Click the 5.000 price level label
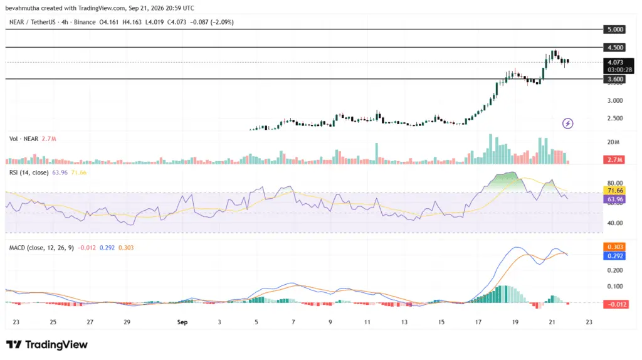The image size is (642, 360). coord(615,29)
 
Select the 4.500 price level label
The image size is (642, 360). coord(615,48)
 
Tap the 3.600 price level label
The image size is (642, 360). coord(615,79)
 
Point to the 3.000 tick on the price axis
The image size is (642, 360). coord(615,100)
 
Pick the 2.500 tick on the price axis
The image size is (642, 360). coord(615,119)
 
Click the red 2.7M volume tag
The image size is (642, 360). coord(614,160)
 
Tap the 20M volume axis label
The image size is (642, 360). coord(613,142)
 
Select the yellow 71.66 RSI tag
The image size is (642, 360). coord(614,191)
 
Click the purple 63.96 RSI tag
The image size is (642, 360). coord(614,199)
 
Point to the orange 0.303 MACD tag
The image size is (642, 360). coord(614,247)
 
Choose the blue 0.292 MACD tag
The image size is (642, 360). coord(614,256)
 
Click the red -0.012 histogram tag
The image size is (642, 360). coord(616,304)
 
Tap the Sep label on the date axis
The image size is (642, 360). coord(182,322)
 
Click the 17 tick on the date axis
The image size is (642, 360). coord(478,322)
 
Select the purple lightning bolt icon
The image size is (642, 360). coord(567,124)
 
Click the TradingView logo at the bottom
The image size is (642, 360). coord(46,345)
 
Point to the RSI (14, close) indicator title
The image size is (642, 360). coord(29,172)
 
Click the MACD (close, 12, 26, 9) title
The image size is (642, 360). coord(42,248)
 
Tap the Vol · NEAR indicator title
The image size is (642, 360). coord(24,139)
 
